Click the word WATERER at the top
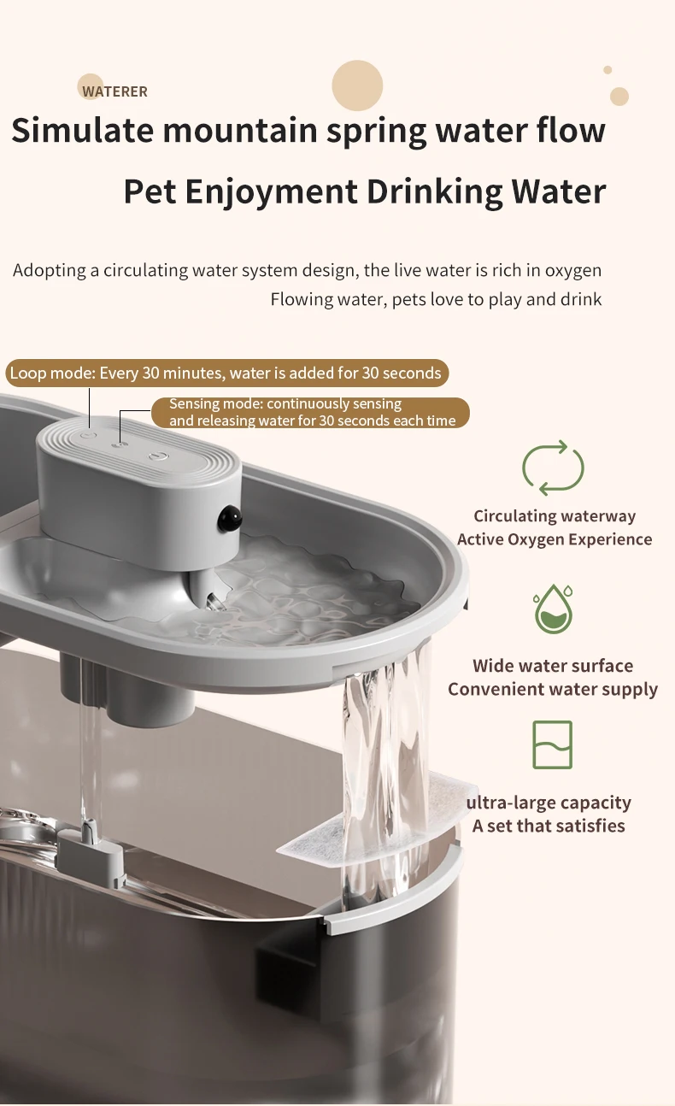tap(114, 91)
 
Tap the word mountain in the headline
tap(240, 131)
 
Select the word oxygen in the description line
tap(572, 271)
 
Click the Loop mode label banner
tap(227, 373)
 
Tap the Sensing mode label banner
tap(310, 412)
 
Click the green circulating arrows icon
tap(553, 468)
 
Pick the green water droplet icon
tap(553, 609)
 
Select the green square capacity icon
tap(553, 744)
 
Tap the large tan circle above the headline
tap(357, 85)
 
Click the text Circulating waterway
tap(555, 516)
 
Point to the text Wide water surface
tap(553, 666)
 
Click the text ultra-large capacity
tap(549, 803)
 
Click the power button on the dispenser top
tap(158, 456)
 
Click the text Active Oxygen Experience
tap(555, 539)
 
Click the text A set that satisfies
tap(549, 826)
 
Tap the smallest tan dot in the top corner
tap(607, 70)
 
